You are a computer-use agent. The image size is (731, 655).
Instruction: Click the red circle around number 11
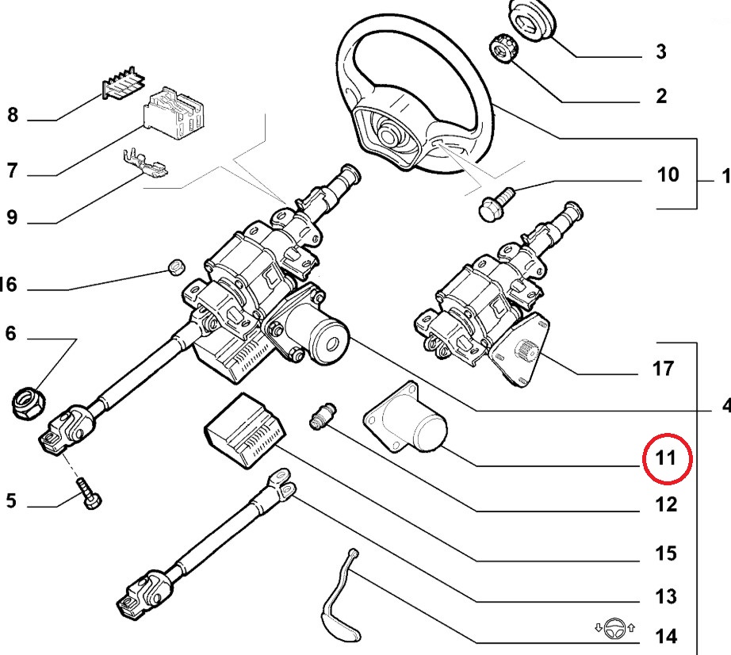click(x=668, y=458)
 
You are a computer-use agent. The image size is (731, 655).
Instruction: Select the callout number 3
click(x=660, y=52)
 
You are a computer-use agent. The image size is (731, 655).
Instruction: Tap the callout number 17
click(x=663, y=368)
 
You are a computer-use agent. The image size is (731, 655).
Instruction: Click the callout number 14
click(x=666, y=636)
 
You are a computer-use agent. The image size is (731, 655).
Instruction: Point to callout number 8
click(x=12, y=116)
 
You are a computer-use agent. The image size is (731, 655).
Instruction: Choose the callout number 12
click(x=666, y=504)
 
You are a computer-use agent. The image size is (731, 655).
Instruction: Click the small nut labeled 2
click(x=503, y=48)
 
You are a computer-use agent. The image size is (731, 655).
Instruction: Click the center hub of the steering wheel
click(x=389, y=131)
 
